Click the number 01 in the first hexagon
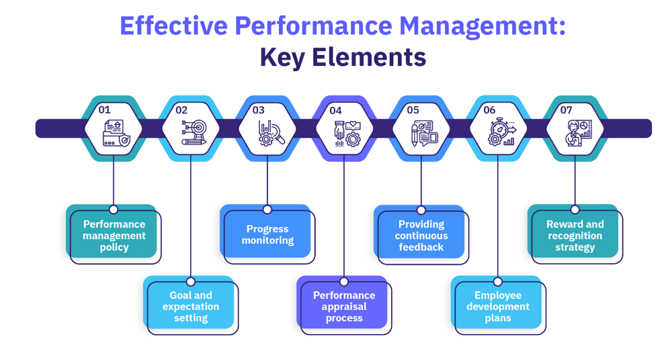pyautogui.click(x=104, y=110)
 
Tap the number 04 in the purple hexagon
pyautogui.click(x=335, y=111)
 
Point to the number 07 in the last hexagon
pyautogui.click(x=566, y=110)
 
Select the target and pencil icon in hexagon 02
pyautogui.click(x=194, y=132)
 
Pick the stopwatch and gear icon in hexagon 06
pyautogui.click(x=503, y=133)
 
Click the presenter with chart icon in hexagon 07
pyautogui.click(x=579, y=133)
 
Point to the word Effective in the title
pyautogui.click(x=174, y=26)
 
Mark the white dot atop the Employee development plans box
pyautogui.click(x=498, y=282)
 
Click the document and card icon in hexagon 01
pyautogui.click(x=116, y=133)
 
